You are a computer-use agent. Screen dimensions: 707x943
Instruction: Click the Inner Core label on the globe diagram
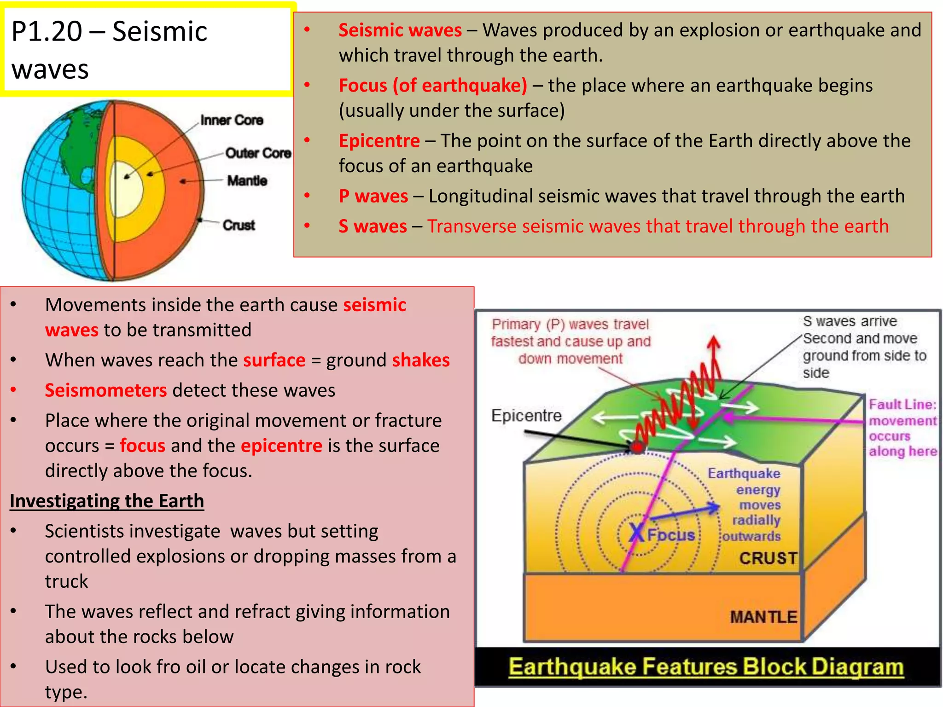(x=232, y=120)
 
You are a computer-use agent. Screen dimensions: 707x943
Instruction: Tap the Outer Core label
(x=258, y=153)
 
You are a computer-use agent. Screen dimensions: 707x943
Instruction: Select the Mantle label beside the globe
(x=247, y=180)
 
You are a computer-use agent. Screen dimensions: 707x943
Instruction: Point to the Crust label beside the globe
(x=239, y=225)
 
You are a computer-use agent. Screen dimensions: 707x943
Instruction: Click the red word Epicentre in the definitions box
(x=379, y=141)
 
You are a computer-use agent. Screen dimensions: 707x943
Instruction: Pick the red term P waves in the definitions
(x=373, y=196)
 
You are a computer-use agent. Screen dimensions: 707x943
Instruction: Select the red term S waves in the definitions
(x=373, y=226)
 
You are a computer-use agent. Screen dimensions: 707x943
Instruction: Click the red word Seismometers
(x=105, y=390)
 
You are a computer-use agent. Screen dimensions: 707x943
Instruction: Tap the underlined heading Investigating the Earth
(x=107, y=501)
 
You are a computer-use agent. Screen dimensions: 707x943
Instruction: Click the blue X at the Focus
(x=637, y=533)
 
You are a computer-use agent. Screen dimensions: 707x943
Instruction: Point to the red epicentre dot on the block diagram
(x=638, y=446)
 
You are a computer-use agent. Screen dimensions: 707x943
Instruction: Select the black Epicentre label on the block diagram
(x=526, y=416)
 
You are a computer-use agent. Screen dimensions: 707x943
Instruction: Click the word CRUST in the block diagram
(x=768, y=558)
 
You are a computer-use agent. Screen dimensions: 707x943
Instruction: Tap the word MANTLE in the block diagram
(x=763, y=617)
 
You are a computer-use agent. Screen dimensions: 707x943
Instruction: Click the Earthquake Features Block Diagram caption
(x=706, y=667)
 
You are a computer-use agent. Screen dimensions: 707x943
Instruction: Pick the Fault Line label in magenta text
(x=902, y=405)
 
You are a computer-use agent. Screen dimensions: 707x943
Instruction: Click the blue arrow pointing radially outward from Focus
(x=686, y=513)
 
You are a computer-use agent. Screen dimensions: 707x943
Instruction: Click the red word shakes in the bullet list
(x=420, y=360)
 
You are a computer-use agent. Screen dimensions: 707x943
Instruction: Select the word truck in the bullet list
(x=66, y=581)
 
